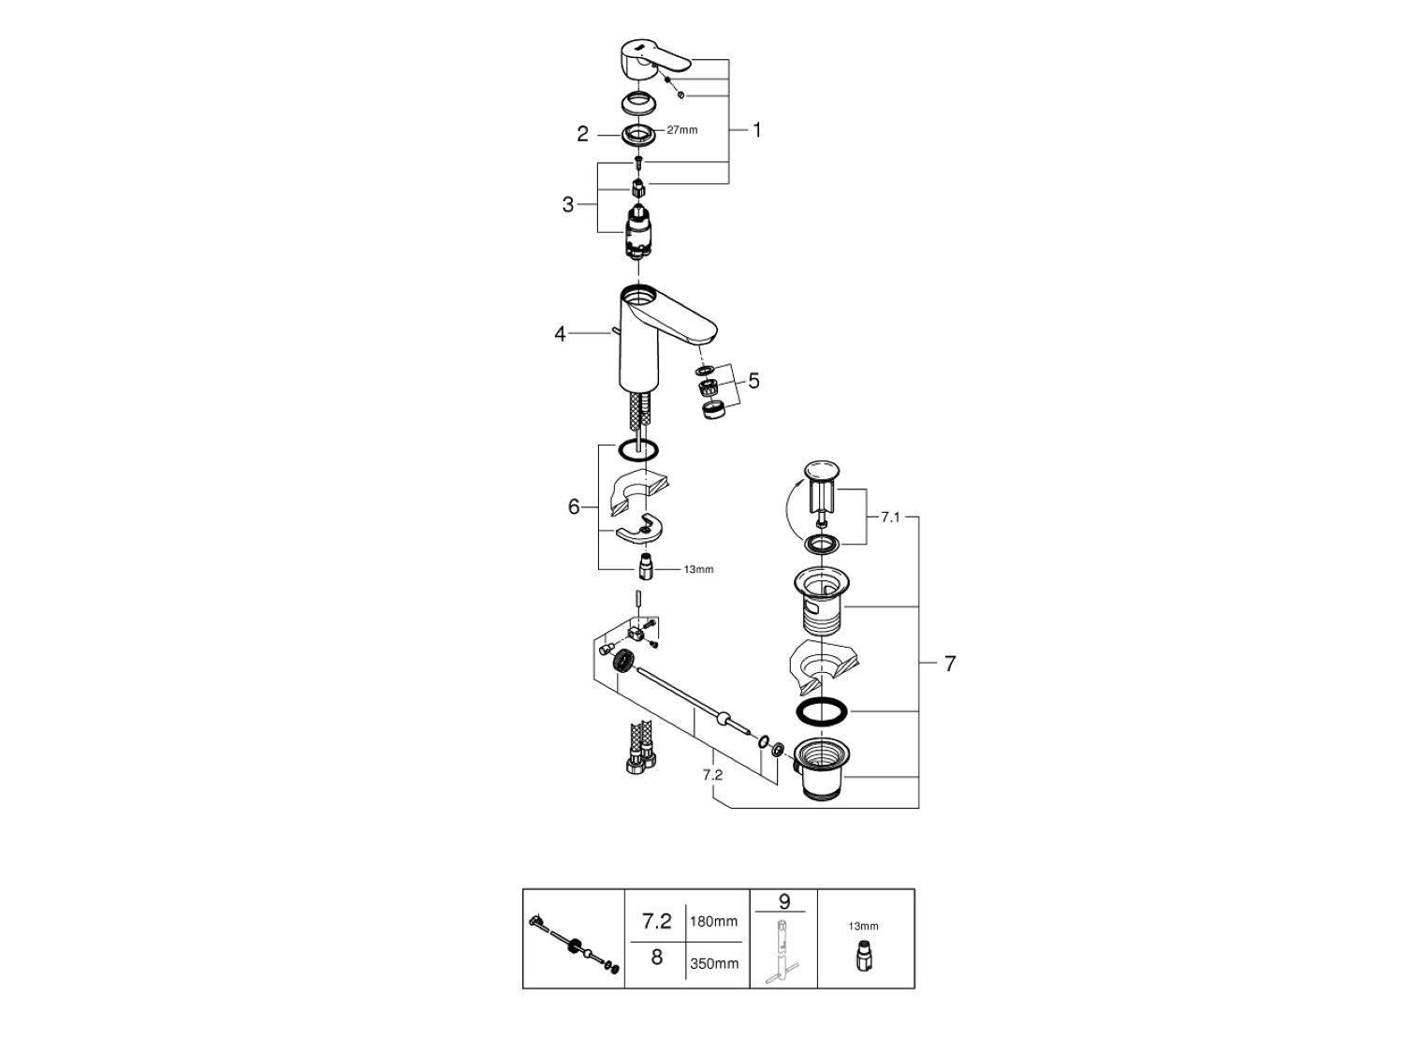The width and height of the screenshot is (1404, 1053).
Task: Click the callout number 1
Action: (756, 130)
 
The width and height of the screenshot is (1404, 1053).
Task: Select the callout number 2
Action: (582, 135)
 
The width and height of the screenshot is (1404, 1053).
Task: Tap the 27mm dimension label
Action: (682, 130)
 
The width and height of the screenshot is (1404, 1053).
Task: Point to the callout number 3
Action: (568, 204)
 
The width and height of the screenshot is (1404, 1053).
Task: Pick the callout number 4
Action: (560, 333)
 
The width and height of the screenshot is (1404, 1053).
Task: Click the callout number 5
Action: (753, 381)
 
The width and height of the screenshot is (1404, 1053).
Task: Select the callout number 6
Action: (574, 507)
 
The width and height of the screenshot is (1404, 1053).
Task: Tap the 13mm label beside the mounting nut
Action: (698, 569)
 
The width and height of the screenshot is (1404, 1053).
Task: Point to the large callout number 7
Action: (950, 664)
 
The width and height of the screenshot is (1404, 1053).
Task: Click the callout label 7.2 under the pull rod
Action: (712, 775)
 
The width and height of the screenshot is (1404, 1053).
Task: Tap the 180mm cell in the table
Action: (713, 922)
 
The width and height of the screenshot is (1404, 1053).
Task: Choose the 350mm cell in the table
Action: (713, 963)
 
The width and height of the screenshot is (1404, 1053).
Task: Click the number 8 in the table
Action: (656, 958)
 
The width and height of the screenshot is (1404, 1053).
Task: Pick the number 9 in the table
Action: (784, 901)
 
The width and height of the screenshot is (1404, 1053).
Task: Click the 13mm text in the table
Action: (864, 926)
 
